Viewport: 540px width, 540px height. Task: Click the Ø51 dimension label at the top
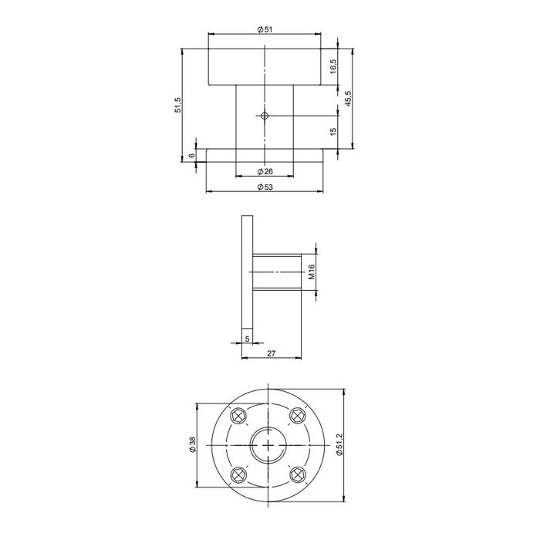pos(265,29)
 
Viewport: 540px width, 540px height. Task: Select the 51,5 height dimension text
pos(177,106)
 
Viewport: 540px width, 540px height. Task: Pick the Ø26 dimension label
pos(265,170)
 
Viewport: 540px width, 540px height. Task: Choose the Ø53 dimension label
pos(265,187)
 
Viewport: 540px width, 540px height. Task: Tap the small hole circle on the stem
pos(265,116)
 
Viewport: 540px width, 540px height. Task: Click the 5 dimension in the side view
pos(246,338)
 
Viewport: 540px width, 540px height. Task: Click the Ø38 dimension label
pos(192,445)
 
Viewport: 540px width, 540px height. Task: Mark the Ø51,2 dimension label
pos(339,445)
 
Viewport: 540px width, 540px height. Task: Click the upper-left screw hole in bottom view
pos(238,416)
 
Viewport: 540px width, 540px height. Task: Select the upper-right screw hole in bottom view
pos(297,416)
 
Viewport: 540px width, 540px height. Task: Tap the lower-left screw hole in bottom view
pos(238,474)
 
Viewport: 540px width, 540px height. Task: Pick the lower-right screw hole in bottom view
pos(297,474)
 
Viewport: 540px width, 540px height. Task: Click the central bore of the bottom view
pos(268,445)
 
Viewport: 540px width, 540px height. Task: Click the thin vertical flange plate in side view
pos(247,270)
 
